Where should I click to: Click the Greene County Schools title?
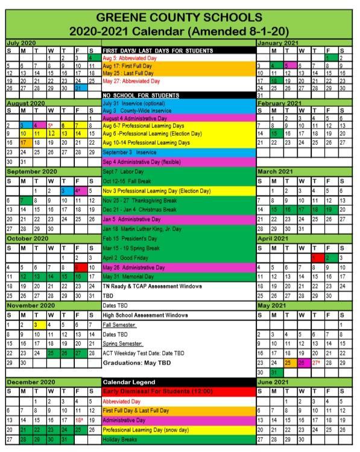[179, 17]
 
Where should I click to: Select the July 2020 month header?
[21, 43]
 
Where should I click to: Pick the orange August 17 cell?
[24, 142]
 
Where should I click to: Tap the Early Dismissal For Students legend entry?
[158, 391]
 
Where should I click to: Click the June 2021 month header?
[274, 382]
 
